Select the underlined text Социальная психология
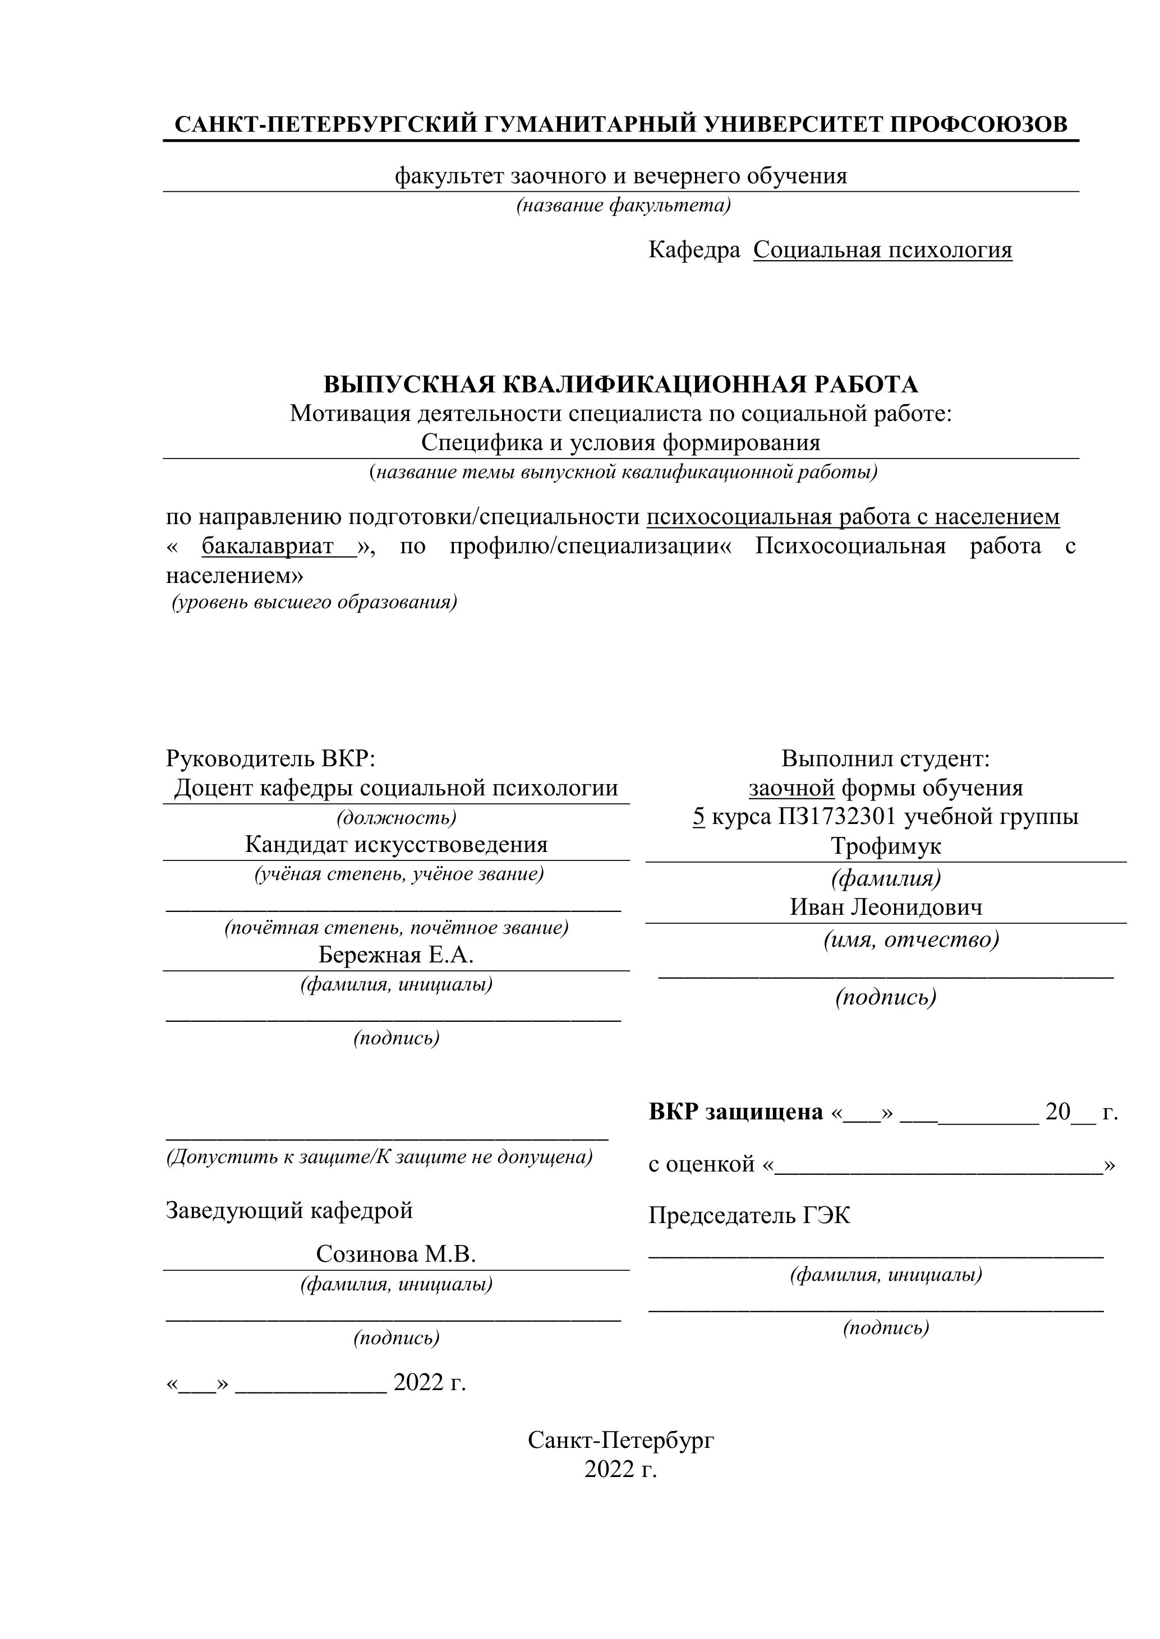coord(882,250)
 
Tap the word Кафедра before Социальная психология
coord(693,250)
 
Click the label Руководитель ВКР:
coord(270,757)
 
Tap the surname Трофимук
coord(886,846)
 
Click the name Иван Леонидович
coord(886,908)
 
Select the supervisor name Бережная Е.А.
coord(395,955)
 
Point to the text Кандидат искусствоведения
coord(395,845)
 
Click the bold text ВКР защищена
coord(736,1112)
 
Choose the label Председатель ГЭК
coord(749,1215)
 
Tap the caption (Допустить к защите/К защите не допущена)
coord(379,1156)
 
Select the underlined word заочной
coord(791,788)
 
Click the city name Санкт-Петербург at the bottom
coord(621,1441)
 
